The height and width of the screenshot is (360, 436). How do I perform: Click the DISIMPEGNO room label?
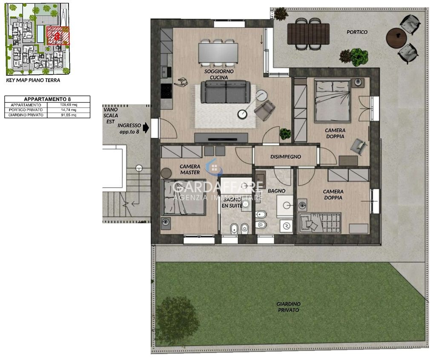pos(286,157)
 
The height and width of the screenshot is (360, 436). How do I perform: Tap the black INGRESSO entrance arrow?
pos(146,128)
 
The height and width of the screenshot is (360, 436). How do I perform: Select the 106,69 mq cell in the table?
pos(69,105)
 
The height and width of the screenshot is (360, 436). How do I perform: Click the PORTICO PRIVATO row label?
pos(26,110)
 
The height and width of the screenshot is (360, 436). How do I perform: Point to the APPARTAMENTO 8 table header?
pos(47,99)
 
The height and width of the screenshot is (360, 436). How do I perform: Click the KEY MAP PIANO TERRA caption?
pos(33,80)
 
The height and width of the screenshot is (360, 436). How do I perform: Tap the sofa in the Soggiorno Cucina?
pos(224,91)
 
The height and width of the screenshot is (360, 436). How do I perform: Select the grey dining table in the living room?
pos(218,53)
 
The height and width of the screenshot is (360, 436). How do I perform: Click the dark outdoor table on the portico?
pos(308,34)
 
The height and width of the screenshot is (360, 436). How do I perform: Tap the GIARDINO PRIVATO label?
pos(288,307)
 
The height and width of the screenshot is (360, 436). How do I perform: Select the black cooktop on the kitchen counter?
pos(166,91)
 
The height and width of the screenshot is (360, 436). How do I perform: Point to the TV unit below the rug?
pos(221,138)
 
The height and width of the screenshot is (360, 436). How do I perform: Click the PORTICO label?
pos(357,32)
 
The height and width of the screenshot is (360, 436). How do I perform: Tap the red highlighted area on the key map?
pos(58,36)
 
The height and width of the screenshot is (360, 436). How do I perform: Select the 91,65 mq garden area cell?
pos(69,115)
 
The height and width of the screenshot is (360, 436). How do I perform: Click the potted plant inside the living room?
pos(285,134)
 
